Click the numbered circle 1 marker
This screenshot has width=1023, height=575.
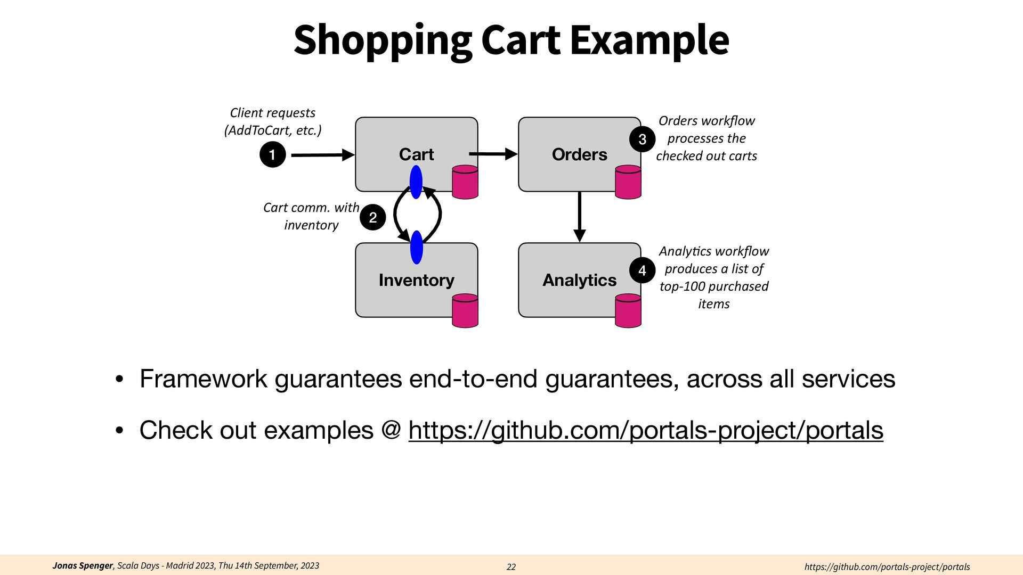tap(272, 155)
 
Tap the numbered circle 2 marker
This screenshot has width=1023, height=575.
tap(372, 217)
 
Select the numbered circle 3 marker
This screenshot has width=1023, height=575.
tap(642, 139)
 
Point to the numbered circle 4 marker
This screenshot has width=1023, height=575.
tap(642, 271)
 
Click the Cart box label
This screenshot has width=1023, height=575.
tap(416, 154)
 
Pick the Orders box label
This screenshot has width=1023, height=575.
tap(579, 154)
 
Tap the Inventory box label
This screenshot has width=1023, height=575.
tap(416, 280)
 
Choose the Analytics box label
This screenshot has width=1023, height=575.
tap(579, 280)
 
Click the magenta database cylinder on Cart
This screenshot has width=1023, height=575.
tap(465, 182)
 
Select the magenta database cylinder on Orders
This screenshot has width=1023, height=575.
tap(628, 182)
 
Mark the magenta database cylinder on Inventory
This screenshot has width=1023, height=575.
tap(465, 311)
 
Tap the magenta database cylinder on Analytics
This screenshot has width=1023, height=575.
tap(628, 311)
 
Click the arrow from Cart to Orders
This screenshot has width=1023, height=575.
tap(493, 154)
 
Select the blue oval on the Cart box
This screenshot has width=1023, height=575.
tap(416, 182)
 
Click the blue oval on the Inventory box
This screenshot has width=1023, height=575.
tap(417, 248)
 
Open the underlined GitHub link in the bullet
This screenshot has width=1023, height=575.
tap(646, 430)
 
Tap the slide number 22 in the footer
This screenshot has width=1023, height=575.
tap(511, 567)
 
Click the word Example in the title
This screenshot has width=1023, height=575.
tap(649, 40)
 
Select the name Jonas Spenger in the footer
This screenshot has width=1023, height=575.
tap(83, 565)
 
